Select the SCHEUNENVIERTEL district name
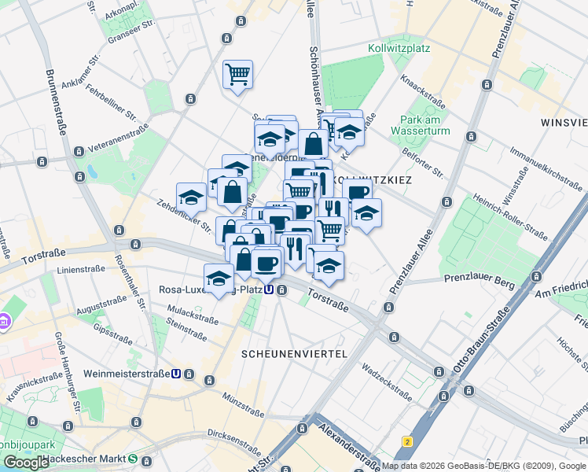click(295, 354)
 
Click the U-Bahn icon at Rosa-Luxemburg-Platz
click(270, 289)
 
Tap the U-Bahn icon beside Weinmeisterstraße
click(176, 374)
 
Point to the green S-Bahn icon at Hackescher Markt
click(134, 459)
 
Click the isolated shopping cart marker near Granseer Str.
click(237, 76)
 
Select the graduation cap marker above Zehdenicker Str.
click(191, 197)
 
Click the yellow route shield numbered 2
click(407, 441)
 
